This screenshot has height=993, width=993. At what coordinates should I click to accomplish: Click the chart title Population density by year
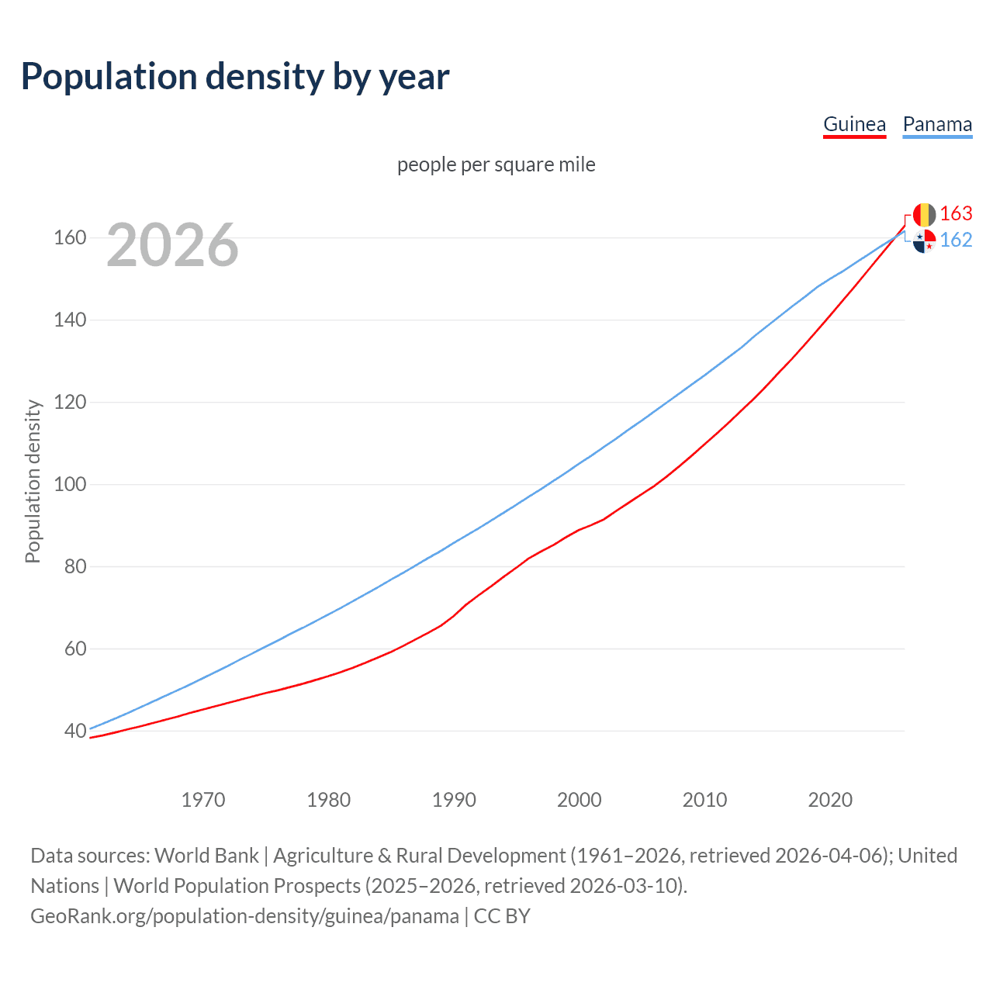235,77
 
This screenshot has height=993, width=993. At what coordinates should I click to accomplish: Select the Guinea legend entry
854,124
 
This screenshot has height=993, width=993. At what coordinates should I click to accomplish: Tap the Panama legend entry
937,124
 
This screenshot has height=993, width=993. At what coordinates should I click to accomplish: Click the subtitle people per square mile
496,164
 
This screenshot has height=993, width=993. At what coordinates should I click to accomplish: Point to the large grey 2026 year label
172,245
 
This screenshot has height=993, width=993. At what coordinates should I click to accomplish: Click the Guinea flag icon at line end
924,214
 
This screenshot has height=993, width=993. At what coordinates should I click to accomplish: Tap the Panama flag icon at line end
924,241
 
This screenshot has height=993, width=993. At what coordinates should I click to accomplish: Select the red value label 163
956,213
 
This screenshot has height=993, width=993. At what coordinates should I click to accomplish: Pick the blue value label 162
956,240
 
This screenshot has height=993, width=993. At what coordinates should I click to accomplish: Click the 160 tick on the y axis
69,237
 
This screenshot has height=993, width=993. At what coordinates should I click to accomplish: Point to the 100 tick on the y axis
69,484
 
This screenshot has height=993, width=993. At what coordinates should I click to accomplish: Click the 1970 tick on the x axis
203,800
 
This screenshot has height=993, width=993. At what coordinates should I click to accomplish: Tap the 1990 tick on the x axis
454,800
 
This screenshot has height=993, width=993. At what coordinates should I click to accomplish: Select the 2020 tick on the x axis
830,800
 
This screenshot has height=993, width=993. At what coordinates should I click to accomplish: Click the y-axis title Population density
33,481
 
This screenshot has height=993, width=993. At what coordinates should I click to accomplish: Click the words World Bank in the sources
206,856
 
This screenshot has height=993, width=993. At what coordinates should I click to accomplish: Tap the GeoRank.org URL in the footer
244,916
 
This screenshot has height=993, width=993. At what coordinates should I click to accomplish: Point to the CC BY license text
502,916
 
